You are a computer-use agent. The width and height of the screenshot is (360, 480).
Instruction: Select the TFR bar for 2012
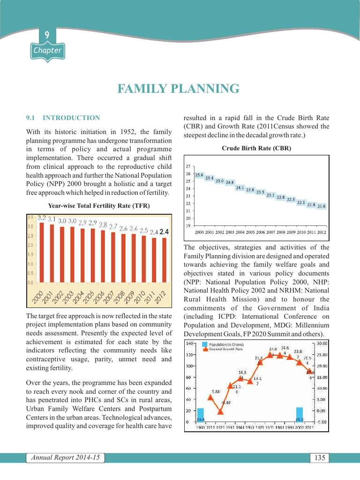click(164, 260)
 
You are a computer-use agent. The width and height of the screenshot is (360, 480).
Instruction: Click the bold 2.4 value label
click(164, 232)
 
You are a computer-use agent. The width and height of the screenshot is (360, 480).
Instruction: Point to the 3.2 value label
click(42, 217)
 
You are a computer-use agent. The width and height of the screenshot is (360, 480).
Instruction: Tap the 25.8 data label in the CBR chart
click(199, 175)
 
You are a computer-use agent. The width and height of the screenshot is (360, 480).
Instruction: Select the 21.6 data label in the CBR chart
click(322, 206)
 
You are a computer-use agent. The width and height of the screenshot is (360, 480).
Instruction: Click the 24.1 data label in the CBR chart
click(240, 187)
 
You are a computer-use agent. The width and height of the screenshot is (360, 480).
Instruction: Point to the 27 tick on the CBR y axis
click(188, 166)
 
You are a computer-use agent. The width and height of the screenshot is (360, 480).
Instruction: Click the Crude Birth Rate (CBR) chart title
click(256, 148)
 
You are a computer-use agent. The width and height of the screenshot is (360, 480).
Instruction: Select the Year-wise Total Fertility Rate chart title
click(99, 205)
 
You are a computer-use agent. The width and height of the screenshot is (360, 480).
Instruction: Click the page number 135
click(320, 457)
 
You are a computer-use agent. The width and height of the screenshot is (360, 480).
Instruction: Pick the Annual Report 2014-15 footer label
click(66, 457)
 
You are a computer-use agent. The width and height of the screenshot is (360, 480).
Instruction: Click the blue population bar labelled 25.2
click(299, 414)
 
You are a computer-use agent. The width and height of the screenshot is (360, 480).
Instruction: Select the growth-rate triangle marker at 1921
click(221, 412)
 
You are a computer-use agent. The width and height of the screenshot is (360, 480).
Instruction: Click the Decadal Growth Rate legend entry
click(225, 349)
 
